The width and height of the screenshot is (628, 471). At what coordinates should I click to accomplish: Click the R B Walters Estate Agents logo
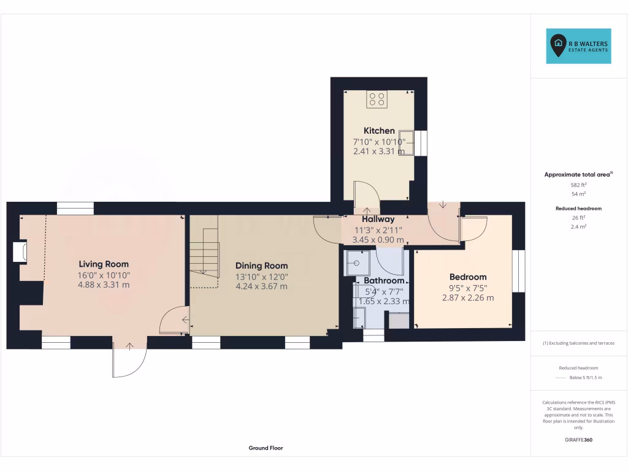578,46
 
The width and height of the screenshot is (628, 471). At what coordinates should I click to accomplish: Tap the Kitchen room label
379,131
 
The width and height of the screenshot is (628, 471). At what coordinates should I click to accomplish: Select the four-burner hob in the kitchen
377,99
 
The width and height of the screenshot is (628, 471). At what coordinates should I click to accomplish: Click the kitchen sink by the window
407,142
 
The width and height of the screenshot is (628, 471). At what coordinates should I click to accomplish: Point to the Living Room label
104,264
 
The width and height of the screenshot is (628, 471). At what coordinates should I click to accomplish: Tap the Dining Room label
261,266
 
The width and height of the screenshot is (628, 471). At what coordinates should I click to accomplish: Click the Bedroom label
467,277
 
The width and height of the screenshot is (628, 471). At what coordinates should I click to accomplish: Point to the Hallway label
378,219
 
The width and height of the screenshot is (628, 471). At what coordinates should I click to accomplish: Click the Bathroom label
384,281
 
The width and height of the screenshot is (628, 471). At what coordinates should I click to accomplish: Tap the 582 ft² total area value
578,185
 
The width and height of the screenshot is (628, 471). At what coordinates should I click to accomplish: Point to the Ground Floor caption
266,448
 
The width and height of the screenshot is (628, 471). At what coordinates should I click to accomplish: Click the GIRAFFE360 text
578,440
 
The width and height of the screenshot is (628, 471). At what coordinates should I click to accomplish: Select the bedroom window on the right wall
519,270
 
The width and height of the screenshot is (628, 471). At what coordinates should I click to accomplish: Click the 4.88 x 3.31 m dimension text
104,285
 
